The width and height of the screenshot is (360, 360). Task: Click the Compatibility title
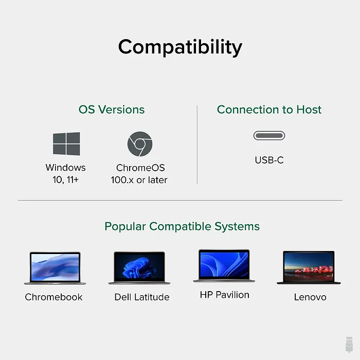pyautogui.click(x=180, y=47)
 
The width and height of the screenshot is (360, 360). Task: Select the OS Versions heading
pyautogui.click(x=112, y=110)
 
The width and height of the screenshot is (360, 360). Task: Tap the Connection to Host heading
pyautogui.click(x=269, y=110)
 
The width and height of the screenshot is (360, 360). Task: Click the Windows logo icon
pyautogui.click(x=66, y=144)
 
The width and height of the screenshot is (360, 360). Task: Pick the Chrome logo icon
pyautogui.click(x=139, y=144)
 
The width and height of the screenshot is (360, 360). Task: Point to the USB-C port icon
pyautogui.click(x=269, y=136)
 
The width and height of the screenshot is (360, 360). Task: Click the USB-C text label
pyautogui.click(x=269, y=160)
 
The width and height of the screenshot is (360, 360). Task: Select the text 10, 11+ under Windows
pyautogui.click(x=66, y=180)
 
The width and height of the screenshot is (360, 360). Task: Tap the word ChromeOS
pyautogui.click(x=140, y=168)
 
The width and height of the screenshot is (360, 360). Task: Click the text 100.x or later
pyautogui.click(x=139, y=180)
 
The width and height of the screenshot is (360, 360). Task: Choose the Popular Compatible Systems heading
pyautogui.click(x=182, y=226)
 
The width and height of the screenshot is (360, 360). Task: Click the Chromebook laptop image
pyautogui.click(x=55, y=268)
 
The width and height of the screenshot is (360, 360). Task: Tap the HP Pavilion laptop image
pyautogui.click(x=224, y=266)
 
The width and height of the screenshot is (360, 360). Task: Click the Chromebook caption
pyautogui.click(x=53, y=297)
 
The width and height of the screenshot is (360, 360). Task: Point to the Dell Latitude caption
pyautogui.click(x=142, y=297)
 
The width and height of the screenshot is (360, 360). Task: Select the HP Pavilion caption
pyautogui.click(x=225, y=295)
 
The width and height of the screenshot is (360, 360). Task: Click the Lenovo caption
pyautogui.click(x=310, y=297)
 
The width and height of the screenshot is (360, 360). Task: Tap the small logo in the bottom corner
pyautogui.click(x=349, y=344)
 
